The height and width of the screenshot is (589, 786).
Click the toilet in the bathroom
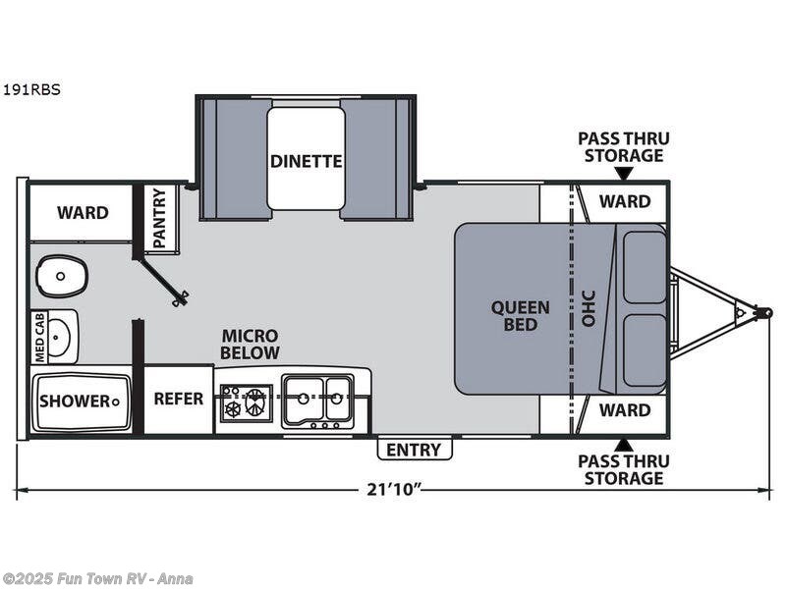62,276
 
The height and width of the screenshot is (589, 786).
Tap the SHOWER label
76,401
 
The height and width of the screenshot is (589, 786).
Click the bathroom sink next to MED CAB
62,337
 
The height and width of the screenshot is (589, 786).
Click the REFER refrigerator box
179,399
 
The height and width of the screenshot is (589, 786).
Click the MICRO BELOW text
250,344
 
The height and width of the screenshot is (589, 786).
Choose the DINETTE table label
306,161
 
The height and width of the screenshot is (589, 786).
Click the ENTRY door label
415,450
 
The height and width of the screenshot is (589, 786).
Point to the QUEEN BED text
521,315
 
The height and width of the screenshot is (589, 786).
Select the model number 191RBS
31,89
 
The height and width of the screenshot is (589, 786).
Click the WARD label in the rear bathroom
83,212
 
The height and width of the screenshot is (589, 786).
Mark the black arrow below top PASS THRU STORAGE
623,174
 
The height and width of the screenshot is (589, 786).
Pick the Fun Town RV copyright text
98,578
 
